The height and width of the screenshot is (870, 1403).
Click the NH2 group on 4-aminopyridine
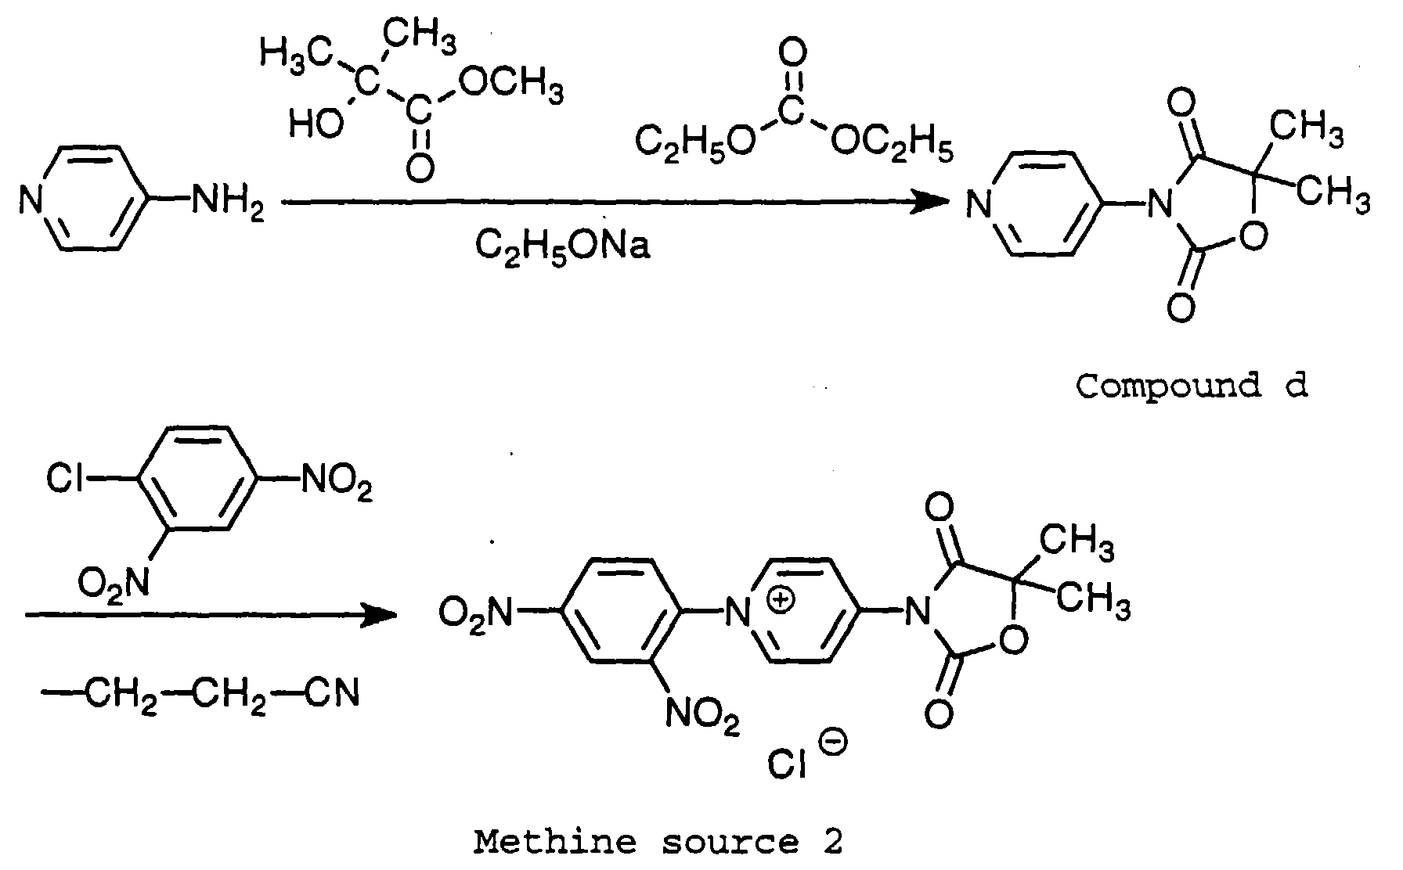click(227, 204)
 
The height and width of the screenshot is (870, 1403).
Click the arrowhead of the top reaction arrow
click(932, 203)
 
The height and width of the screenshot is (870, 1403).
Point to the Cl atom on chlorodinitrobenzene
click(65, 478)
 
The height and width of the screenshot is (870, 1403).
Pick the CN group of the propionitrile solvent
click(330, 693)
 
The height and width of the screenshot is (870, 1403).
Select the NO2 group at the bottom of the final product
click(702, 716)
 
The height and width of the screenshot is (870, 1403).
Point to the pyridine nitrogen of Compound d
click(976, 206)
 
